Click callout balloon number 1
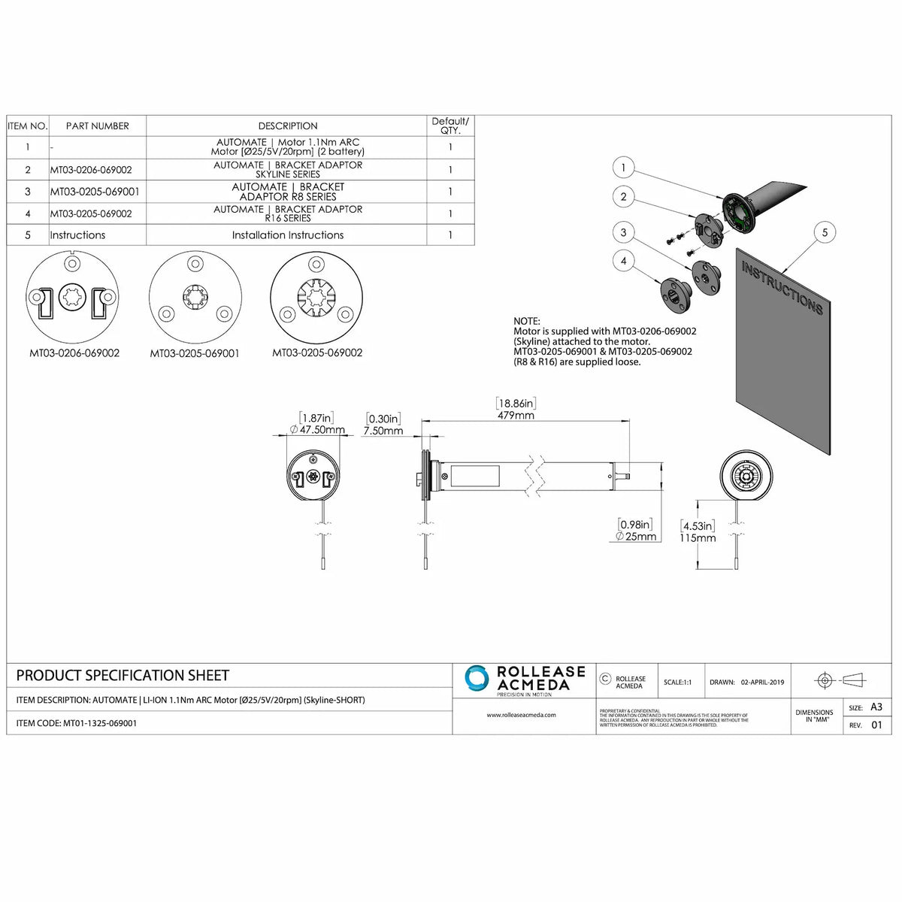[623, 167]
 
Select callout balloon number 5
[825, 232]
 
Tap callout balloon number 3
[623, 232]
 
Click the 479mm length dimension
[516, 415]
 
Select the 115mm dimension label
[698, 537]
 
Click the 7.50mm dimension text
[383, 431]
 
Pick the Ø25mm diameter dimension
[636, 536]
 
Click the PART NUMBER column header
[98, 126]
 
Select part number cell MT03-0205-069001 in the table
[95, 192]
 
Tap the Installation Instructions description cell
[287, 235]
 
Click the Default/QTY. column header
[449, 126]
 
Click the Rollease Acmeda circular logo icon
[477, 678]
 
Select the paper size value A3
[876, 707]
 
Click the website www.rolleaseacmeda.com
[521, 715]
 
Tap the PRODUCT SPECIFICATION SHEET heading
[123, 676]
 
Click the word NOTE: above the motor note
[526, 321]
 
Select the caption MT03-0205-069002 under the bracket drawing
[317, 353]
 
